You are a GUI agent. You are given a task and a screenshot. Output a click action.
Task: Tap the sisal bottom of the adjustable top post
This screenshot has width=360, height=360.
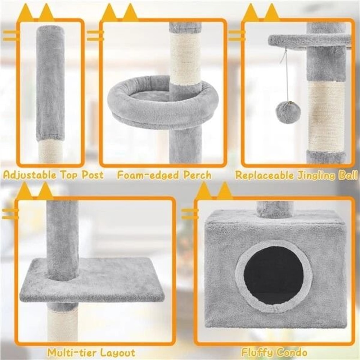pyautogui.click(x=51, y=151)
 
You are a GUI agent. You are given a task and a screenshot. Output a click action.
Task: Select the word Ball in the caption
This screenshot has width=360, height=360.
pyautogui.click(x=348, y=175)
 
